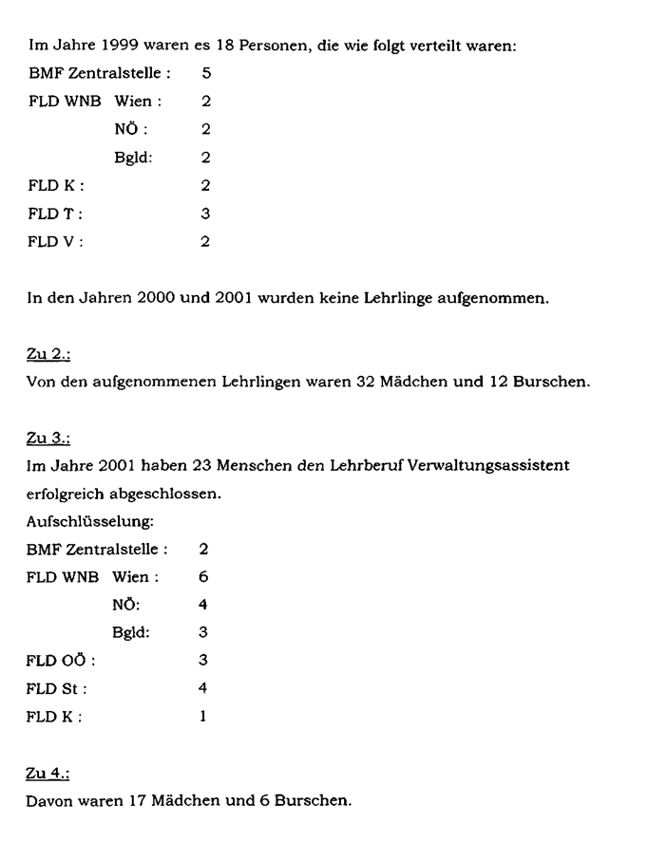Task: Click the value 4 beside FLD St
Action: click(x=205, y=687)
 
